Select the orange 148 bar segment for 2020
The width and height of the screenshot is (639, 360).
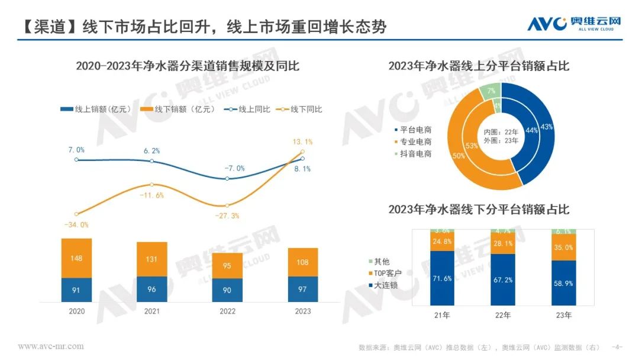[77, 258]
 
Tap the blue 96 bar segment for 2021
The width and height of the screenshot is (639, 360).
[152, 290]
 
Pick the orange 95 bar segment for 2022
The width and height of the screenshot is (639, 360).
[227, 265]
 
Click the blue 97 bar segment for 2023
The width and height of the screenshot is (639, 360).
[302, 289]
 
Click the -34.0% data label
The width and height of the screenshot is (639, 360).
[77, 224]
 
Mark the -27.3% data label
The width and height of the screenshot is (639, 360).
[227, 216]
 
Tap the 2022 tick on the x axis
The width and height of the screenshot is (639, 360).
[227, 311]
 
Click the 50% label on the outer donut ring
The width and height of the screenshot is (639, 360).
[459, 156]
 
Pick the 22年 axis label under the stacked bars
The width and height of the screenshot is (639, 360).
[502, 315]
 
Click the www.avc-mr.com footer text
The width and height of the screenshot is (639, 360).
[51, 346]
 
